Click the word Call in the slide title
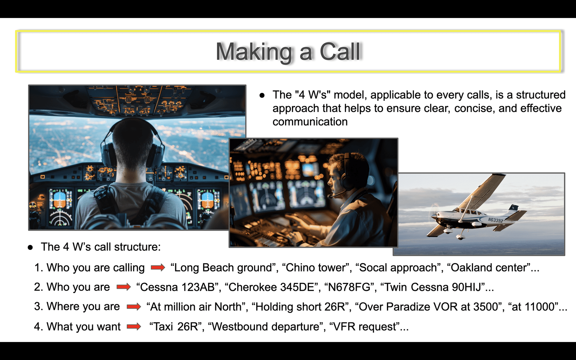(340, 51)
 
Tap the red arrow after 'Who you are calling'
(158, 268)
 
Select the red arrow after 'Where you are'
(134, 306)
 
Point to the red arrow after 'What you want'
(134, 327)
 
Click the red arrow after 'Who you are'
(124, 287)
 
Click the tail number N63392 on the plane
(495, 220)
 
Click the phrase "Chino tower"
(315, 268)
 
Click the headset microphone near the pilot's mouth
(330, 197)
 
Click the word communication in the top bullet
(310, 122)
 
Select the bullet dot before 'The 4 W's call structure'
(30, 247)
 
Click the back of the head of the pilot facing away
(133, 144)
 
